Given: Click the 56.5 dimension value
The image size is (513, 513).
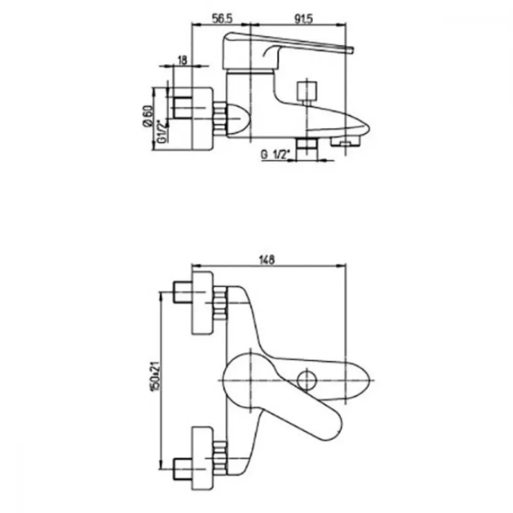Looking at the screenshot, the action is (222, 18).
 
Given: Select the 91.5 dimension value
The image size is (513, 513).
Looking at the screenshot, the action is (303, 18).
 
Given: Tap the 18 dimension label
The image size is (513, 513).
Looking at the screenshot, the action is (182, 60).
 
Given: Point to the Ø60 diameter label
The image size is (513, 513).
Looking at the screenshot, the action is (148, 116).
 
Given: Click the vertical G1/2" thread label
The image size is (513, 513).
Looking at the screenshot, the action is (162, 131).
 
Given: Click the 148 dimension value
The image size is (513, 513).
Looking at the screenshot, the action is (267, 260).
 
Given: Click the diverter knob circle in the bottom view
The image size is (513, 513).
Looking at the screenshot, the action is (307, 380).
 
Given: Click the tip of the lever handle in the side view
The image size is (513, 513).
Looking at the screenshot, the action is (353, 50).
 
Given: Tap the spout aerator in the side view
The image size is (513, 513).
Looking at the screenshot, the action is (345, 142).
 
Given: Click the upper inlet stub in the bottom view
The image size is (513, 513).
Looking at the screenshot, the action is (182, 292).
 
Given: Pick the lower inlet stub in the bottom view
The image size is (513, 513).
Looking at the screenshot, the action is (182, 469).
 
